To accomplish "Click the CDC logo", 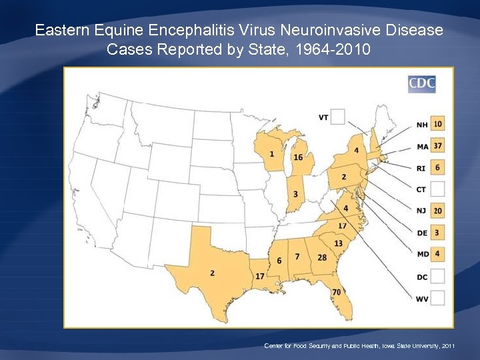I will (x=421, y=83).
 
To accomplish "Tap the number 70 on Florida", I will (x=337, y=292).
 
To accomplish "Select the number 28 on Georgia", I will (x=322, y=257).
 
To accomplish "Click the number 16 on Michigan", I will (x=298, y=157).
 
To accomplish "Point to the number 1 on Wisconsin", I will (x=272, y=154).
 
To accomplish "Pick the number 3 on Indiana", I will (x=295, y=194).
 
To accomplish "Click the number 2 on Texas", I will (x=212, y=273).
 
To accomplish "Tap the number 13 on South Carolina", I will (x=338, y=243).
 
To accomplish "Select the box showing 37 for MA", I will (x=437, y=146).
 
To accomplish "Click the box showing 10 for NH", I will (x=437, y=124).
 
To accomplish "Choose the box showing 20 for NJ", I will (x=437, y=211).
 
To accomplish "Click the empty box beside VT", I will (x=338, y=117).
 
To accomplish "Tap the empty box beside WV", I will (x=437, y=299).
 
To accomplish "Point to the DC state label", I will (x=421, y=277).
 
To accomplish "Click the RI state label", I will (x=421, y=168).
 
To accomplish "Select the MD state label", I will (x=421, y=255).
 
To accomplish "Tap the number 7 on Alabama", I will (x=297, y=257).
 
